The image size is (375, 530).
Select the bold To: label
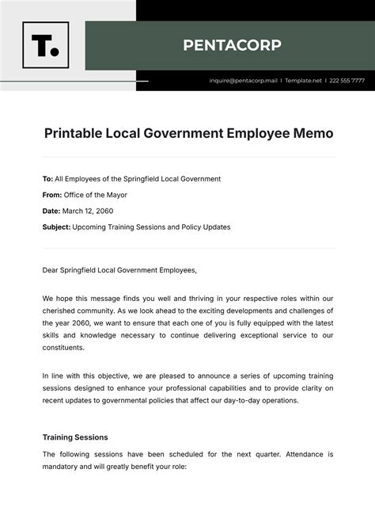pos(48,179)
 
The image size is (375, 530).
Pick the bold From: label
pos(52,195)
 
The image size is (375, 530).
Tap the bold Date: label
pos(51,211)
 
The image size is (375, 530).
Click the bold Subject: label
pos(56,227)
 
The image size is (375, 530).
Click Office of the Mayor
pos(96,195)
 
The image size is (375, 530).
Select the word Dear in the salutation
pos(51,269)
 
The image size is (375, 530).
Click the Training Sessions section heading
pos(75,437)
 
